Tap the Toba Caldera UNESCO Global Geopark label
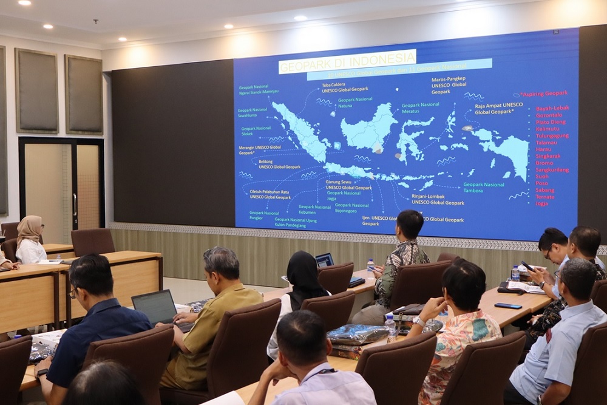coord(345,88)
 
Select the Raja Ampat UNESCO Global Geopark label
coord(498,108)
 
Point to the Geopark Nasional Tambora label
coord(483,187)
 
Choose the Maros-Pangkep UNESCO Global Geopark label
coord(449,85)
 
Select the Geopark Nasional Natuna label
coord(355,102)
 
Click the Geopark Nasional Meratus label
coord(420,107)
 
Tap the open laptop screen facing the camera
coord(154,307)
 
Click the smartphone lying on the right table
coord(508,305)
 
